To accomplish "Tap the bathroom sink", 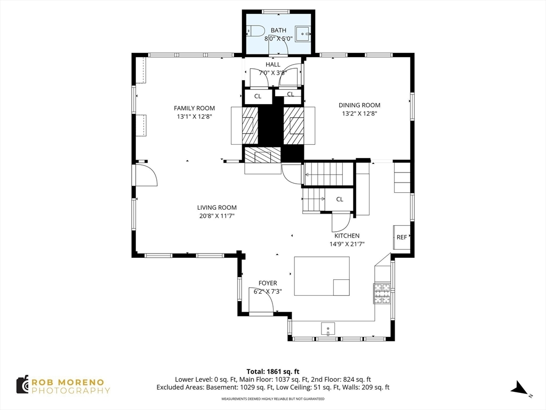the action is (303, 34).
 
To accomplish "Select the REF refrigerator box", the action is (402, 237).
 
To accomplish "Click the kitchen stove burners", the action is (382, 294).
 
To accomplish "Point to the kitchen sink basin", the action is (328, 329).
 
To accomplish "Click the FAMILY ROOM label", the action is (194, 108).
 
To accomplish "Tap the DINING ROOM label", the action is (359, 105).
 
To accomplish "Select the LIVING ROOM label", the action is (217, 208).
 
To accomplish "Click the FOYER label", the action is (268, 283).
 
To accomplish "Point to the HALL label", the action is (273, 65).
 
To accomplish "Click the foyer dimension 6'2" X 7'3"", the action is (268, 291).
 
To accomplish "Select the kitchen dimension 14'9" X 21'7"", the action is (347, 244).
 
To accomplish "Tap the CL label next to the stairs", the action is (340, 199).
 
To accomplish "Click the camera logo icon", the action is (22, 384).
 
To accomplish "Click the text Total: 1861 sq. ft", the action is (273, 372).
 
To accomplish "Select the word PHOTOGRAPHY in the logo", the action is (71, 390).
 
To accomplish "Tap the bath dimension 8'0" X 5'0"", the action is (278, 38).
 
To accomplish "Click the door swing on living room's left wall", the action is (144, 175).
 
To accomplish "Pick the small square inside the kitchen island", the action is (341, 287).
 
